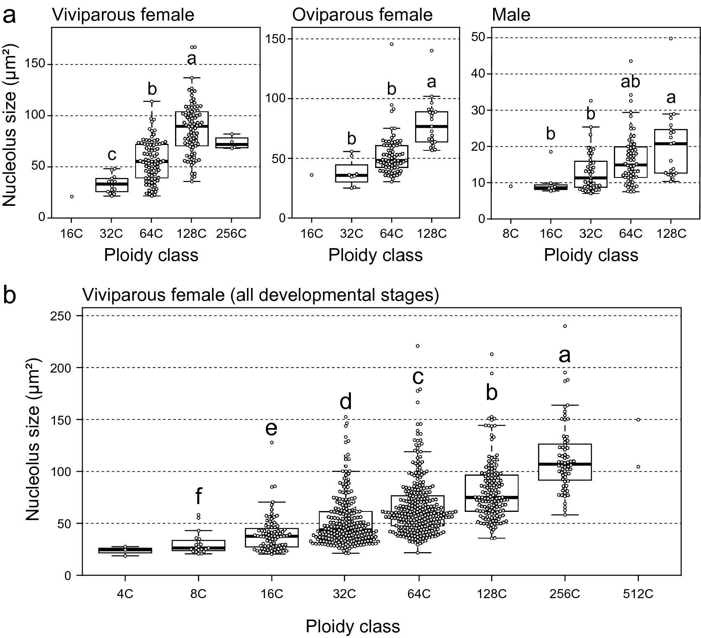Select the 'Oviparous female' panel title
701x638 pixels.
362,15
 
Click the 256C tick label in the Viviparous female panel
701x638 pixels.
231,234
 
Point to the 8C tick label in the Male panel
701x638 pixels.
510,234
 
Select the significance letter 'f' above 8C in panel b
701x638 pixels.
198,496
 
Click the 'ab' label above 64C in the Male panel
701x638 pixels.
630,82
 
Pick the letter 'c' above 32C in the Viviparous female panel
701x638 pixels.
112,155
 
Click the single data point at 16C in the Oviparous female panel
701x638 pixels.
311,175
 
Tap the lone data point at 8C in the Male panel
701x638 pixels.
510,186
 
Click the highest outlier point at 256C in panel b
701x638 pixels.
565,326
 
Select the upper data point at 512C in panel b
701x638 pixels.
638,420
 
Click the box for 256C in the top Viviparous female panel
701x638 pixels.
232,143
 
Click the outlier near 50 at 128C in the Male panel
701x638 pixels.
671,39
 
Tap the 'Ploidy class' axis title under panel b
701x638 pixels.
353,626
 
